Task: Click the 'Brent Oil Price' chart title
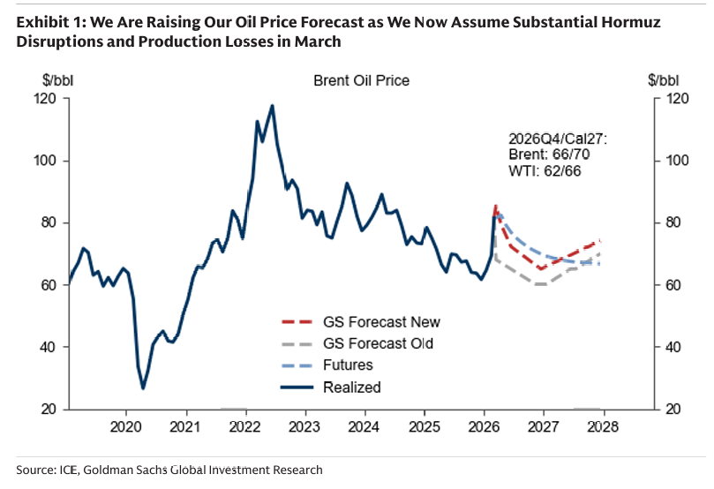362,80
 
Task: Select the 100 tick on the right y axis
676,161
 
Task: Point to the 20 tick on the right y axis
673,410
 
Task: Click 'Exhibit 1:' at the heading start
46,21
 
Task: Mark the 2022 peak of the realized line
272,106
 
